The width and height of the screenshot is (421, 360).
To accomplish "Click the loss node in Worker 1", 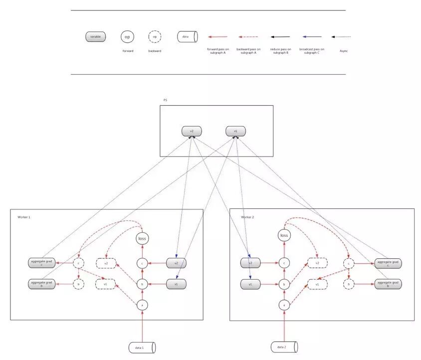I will coord(142,239).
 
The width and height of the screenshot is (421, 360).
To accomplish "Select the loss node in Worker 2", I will coord(284,235).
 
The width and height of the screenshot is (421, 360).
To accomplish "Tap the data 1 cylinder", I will coord(143,347).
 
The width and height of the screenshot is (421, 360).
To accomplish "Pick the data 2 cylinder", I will coord(284,347).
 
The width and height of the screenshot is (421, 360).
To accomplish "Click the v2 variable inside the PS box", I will coord(192,131).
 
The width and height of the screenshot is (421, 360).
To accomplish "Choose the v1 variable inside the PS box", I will coord(235,131).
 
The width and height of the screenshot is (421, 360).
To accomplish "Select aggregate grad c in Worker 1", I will coord(42,263).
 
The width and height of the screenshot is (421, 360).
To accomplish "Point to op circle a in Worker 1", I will coord(143,305).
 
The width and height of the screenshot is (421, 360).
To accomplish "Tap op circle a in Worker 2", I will coord(284,305).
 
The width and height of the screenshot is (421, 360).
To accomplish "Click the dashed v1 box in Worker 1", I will coord(106,284).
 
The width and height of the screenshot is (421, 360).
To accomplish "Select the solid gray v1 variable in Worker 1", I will coord(177,284).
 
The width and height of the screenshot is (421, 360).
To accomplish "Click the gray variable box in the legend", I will coord(95,37).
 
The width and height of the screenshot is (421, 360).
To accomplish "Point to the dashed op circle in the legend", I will coord(155,37).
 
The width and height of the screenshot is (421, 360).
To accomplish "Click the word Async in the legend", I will coord(344,51).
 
